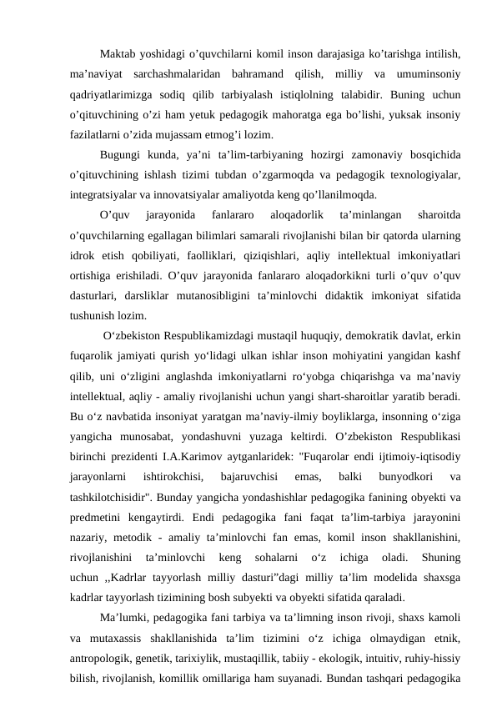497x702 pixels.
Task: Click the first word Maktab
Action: pos(118,54)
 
